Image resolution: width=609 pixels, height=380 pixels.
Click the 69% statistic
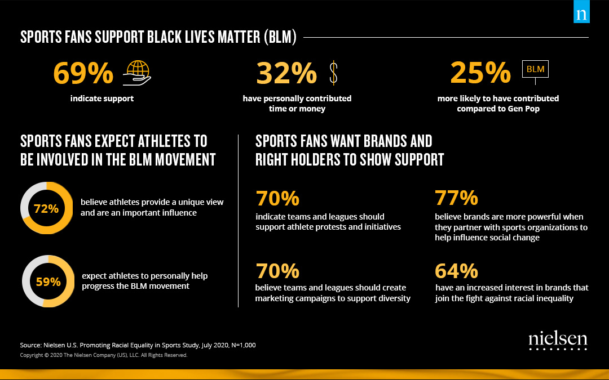(83, 73)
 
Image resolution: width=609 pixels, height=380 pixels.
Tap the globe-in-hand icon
(137, 73)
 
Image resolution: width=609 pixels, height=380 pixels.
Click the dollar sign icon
(333, 73)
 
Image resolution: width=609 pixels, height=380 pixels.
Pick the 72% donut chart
(46, 208)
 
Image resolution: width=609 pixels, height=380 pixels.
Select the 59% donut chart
(48, 281)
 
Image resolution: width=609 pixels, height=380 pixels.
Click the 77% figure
(456, 198)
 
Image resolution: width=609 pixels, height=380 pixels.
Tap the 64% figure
(456, 271)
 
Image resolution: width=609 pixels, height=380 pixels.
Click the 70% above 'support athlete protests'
(277, 198)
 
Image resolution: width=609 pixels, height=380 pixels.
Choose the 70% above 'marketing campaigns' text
(277, 271)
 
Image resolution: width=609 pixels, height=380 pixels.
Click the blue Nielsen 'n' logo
(581, 14)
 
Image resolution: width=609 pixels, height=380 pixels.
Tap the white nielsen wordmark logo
(558, 339)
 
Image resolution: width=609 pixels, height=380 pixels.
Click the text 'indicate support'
(102, 99)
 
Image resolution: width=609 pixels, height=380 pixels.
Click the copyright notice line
(103, 355)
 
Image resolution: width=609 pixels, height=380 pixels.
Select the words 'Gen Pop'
(524, 109)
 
